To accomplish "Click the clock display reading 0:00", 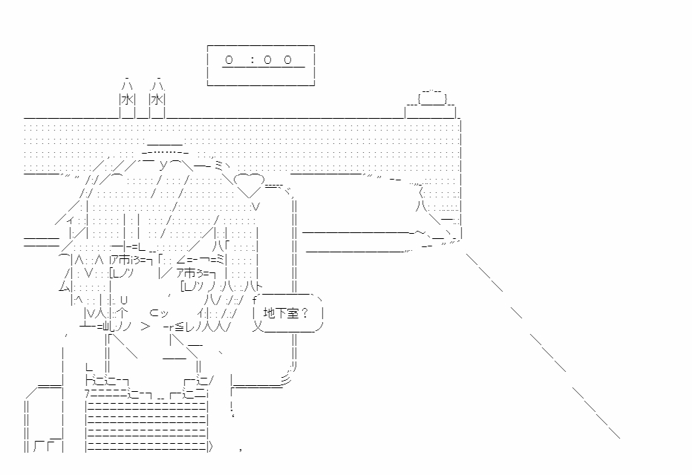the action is click(261, 65).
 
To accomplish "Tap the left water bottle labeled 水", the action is click(128, 99).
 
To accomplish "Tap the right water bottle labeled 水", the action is click(157, 99).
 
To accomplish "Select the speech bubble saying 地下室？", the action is click(288, 313).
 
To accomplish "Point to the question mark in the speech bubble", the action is click(304, 313).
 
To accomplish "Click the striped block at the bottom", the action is click(147, 425).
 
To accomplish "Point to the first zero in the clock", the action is click(229, 59).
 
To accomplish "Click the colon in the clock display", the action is click(252, 59).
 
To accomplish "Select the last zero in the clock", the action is click(288, 59).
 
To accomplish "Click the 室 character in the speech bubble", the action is click(292, 313).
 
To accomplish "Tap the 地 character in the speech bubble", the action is click(269, 313).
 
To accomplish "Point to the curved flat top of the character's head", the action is click(165, 148).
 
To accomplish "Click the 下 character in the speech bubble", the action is click(281, 313).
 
